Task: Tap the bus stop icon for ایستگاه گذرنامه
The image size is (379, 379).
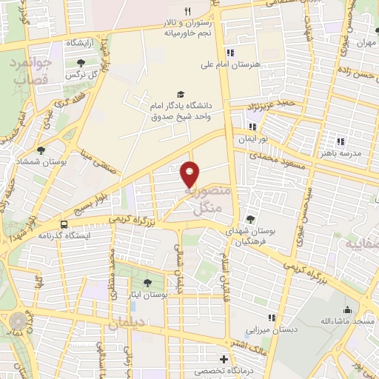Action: (64, 223)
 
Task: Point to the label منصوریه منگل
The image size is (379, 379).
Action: (206, 201)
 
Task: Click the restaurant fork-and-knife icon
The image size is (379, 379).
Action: (187, 11)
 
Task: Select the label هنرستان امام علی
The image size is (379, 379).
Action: (232, 64)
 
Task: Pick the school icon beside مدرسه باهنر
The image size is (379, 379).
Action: (341, 141)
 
